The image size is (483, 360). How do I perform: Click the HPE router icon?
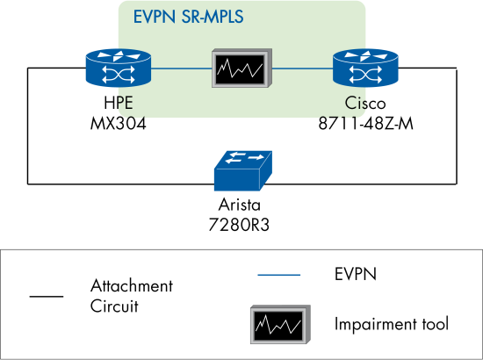pos(118,68)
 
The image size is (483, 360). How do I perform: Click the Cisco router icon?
pos(365,68)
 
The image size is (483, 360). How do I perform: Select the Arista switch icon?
pos(241,171)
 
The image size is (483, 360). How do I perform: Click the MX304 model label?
pos(118,124)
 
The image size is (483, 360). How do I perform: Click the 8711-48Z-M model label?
pos(365,124)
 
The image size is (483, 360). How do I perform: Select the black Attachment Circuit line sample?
pos(46,297)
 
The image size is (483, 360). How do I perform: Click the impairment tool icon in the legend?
pos(278,324)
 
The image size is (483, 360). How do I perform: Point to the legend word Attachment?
pos(132,287)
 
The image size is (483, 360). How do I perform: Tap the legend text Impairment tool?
pos(391,324)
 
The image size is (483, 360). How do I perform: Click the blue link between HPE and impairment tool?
pos(180,68)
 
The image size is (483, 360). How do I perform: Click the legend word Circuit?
pos(114,306)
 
